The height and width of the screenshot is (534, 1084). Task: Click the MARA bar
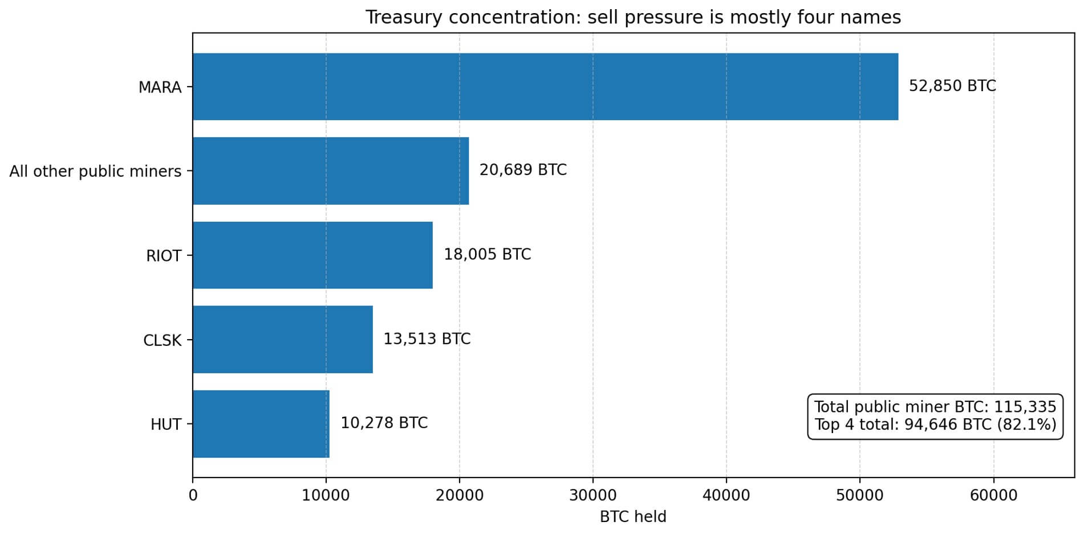coord(545,87)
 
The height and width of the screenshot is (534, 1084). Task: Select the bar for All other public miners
coord(330,171)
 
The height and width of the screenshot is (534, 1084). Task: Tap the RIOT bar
coord(312,255)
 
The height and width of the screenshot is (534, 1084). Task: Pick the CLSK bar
coord(282,340)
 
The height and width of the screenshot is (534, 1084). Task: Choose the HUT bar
coord(261,424)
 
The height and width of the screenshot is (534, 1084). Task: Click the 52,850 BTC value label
coord(952,86)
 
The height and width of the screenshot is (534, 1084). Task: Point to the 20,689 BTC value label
coord(522,170)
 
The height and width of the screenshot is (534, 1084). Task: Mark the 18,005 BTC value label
coord(487,254)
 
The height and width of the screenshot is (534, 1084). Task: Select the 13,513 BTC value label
coord(427,339)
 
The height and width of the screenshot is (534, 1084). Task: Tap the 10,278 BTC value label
coord(384,423)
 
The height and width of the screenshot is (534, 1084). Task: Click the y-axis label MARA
coord(160,87)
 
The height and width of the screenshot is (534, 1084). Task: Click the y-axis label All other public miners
coord(95,172)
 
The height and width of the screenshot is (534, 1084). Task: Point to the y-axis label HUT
coord(166,425)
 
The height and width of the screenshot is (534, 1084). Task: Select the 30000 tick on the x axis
coord(593,495)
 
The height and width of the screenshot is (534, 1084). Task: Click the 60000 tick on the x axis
coord(993,495)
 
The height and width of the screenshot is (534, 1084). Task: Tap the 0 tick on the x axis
coord(193,495)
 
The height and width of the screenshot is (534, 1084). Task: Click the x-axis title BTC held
coord(633,517)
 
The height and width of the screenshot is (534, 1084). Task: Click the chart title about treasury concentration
coord(633,18)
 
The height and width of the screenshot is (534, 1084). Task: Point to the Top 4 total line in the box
coord(935,425)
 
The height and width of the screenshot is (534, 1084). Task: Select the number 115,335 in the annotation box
coord(1025,407)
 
